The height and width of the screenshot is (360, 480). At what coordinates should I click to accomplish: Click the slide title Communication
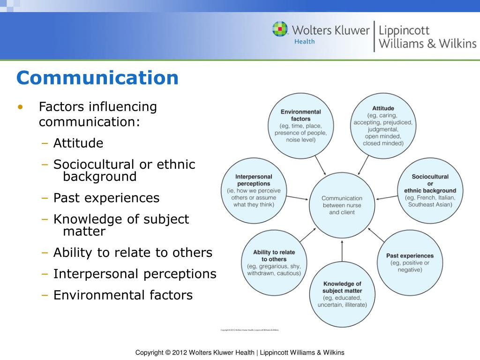(97, 78)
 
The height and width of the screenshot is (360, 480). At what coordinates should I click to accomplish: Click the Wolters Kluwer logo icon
(280, 29)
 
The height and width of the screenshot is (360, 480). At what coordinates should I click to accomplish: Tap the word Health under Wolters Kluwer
(304, 41)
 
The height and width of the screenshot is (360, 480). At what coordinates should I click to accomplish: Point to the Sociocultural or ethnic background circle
(430, 190)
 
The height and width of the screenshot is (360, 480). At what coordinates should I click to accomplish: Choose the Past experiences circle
(410, 262)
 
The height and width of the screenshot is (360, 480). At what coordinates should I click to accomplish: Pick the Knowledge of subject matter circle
(342, 294)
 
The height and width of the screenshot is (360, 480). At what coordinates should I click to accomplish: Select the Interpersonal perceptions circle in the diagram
(254, 190)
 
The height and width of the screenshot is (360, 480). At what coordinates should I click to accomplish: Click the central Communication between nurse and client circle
(342, 205)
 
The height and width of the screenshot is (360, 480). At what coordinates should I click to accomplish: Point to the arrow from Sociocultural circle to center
(386, 196)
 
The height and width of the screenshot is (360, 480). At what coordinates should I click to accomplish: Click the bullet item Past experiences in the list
(106, 198)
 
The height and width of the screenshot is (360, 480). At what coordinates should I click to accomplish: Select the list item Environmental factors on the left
(123, 295)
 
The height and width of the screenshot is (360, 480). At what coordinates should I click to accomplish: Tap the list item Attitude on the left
(78, 143)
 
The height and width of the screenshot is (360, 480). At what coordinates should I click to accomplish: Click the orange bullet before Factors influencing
(20, 107)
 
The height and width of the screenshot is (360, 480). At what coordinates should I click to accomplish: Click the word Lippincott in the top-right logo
(404, 30)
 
